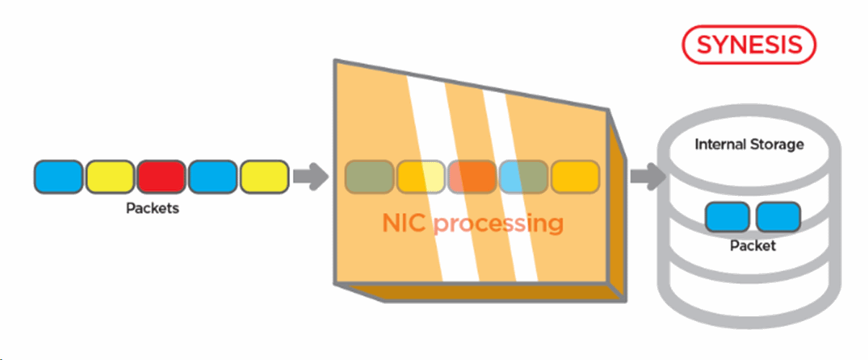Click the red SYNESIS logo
(x=749, y=45)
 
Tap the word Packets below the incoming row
(x=152, y=210)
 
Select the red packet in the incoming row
(x=161, y=177)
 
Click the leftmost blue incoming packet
(x=58, y=177)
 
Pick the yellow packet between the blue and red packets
(x=109, y=177)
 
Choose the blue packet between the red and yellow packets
(x=212, y=177)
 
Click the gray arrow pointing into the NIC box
(x=311, y=177)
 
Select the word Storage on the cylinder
(x=778, y=145)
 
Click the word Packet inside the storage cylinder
(x=753, y=246)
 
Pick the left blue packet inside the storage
(x=727, y=216)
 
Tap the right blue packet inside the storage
(x=778, y=216)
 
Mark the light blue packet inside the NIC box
(x=512, y=177)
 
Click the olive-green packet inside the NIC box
(x=369, y=177)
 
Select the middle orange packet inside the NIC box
(x=471, y=177)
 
